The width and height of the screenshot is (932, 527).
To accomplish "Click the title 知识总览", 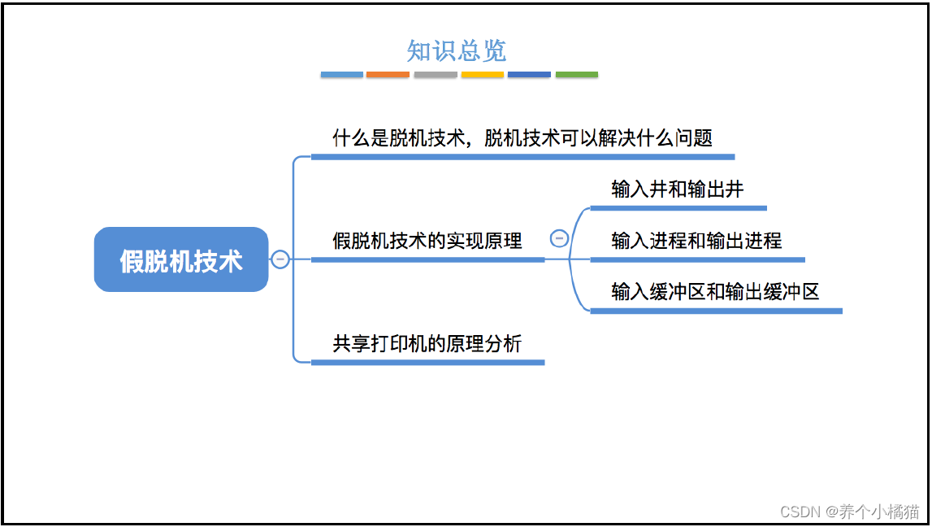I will tap(456, 51).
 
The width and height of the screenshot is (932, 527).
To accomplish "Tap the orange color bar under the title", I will tap(388, 75).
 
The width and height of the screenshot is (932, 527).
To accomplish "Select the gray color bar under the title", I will tap(436, 75).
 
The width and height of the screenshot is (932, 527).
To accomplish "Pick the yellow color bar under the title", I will tap(483, 75).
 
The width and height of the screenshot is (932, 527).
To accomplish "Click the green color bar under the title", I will tap(577, 75).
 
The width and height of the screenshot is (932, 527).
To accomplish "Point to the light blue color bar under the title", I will tap(341, 75).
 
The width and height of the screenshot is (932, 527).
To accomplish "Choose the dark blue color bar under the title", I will tap(529, 75).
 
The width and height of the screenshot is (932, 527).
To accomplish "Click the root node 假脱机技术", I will tap(181, 260).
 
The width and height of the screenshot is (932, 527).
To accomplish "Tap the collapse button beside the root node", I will tap(280, 259).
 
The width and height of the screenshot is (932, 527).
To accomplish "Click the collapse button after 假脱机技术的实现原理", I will tap(559, 238).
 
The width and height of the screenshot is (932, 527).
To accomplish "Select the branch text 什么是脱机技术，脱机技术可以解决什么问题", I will tap(522, 138).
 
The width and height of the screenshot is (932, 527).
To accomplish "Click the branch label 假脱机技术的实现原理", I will tap(427, 241).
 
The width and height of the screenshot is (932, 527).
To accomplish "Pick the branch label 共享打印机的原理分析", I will tap(427, 344).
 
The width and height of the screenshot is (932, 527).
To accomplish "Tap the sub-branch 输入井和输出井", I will tap(677, 189).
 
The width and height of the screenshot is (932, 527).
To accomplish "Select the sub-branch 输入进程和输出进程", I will tap(696, 241).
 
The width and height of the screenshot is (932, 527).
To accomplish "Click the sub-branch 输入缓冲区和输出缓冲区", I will tap(715, 292).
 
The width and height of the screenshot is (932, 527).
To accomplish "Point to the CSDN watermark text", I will tap(849, 511).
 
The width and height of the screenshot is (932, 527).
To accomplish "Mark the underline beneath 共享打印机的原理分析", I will tap(427, 362).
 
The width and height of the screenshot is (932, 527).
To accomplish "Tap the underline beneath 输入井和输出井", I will tap(678, 208).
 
